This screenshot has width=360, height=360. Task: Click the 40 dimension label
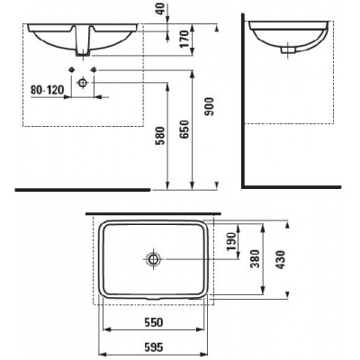coord(162,9)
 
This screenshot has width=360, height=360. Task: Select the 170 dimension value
coord(184,39)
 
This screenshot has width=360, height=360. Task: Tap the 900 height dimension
coord(209,106)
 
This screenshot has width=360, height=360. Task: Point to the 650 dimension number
coord(184,130)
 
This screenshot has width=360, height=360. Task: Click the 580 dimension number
coord(160,136)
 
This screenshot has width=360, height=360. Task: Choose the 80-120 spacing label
coord(47,89)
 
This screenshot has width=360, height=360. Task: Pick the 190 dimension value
coord(232,242)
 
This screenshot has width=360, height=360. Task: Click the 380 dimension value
coord(256,258)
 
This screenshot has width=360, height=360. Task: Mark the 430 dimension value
coord(281,259)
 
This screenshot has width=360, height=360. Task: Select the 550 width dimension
coord(154,322)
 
